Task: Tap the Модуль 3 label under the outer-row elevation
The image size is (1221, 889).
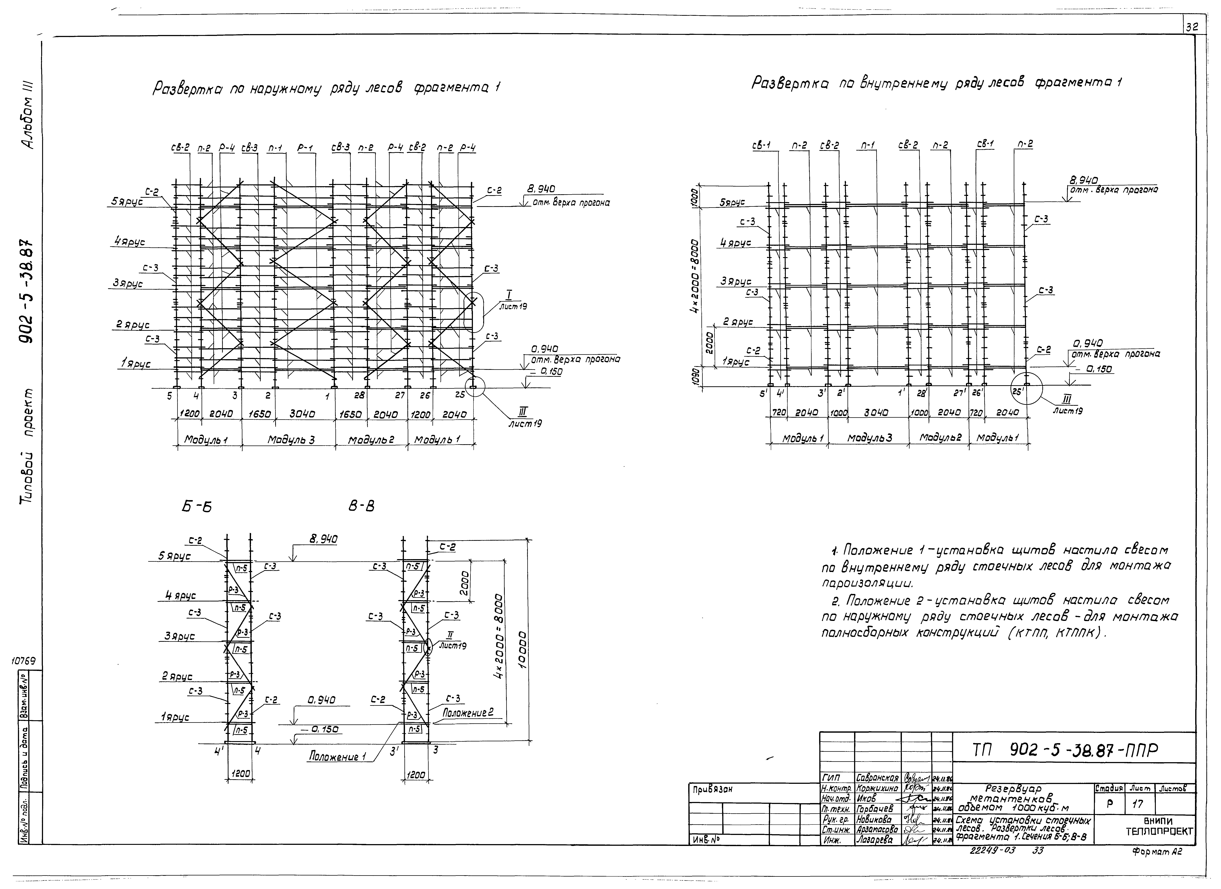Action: coord(291,440)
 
